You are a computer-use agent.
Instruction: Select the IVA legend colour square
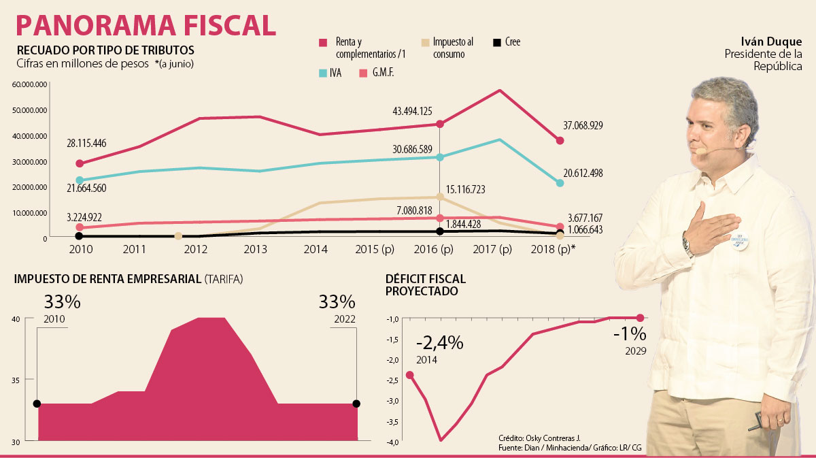coord(324,72)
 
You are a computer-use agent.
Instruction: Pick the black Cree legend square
coord(497,43)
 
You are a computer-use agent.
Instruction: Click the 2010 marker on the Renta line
coord(80,163)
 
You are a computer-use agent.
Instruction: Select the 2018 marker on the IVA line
coord(560,183)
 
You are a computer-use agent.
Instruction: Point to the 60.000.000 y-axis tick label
coord(29,84)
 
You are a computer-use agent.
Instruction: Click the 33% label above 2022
coord(337,301)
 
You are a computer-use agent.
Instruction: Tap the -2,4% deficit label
coord(441,343)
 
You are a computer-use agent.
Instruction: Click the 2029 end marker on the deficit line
coord(640,318)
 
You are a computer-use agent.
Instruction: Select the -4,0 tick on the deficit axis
coord(393,442)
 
